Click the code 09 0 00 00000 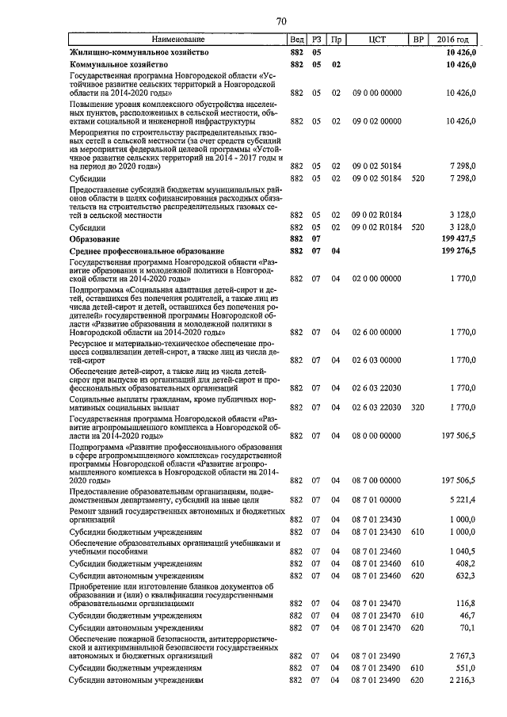(377, 93)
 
